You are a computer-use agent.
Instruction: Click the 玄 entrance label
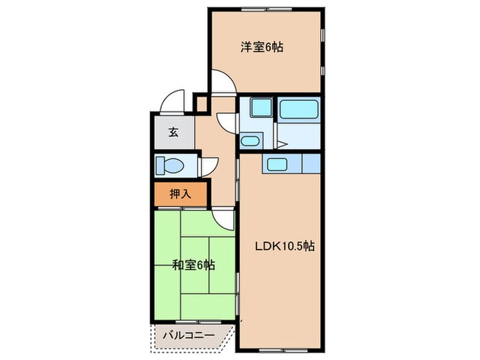173,132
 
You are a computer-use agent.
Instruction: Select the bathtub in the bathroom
298,109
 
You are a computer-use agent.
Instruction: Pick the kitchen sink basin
277,165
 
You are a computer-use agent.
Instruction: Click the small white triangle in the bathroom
281,144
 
